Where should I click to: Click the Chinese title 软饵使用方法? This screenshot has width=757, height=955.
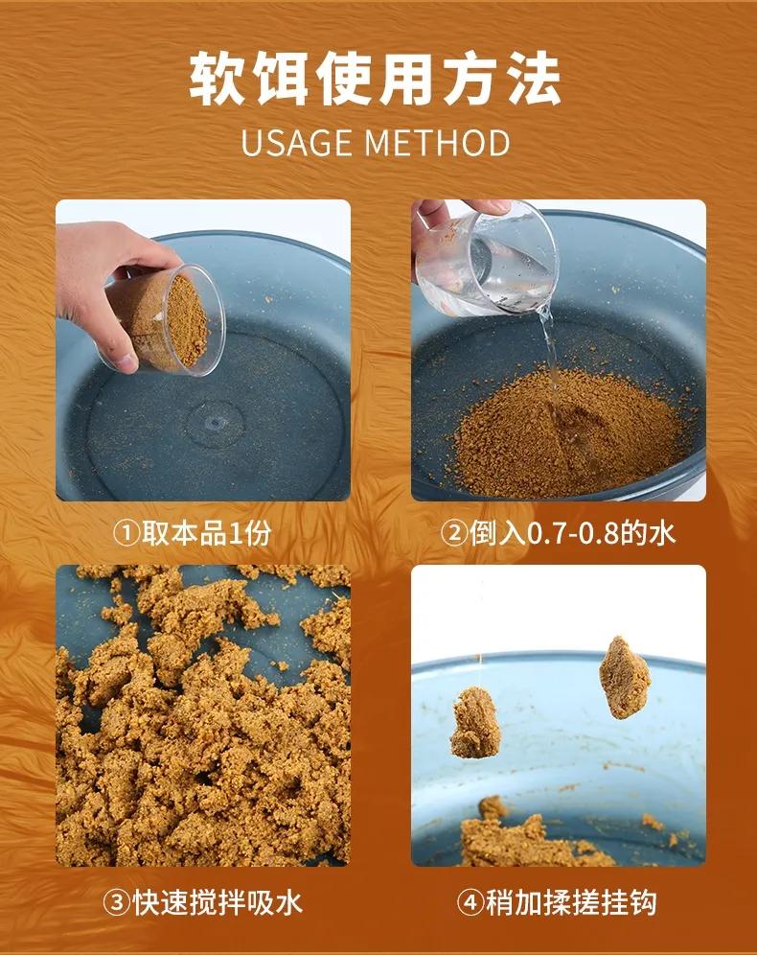coord(375,80)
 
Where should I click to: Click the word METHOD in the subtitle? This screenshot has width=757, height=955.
coord(437,143)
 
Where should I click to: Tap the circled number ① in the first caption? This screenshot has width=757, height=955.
coord(126,533)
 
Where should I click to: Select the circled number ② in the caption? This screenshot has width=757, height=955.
coord(454,533)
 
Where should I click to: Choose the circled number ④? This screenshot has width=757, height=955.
coord(470,902)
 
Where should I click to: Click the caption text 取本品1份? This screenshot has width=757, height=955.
coord(207,533)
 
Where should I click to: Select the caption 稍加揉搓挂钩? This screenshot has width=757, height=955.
coord(571,902)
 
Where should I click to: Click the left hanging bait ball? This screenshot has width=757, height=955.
coord(475,723)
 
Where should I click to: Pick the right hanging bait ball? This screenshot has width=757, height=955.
coord(625,677)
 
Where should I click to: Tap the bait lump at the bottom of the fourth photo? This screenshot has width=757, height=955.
coord(529,837)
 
